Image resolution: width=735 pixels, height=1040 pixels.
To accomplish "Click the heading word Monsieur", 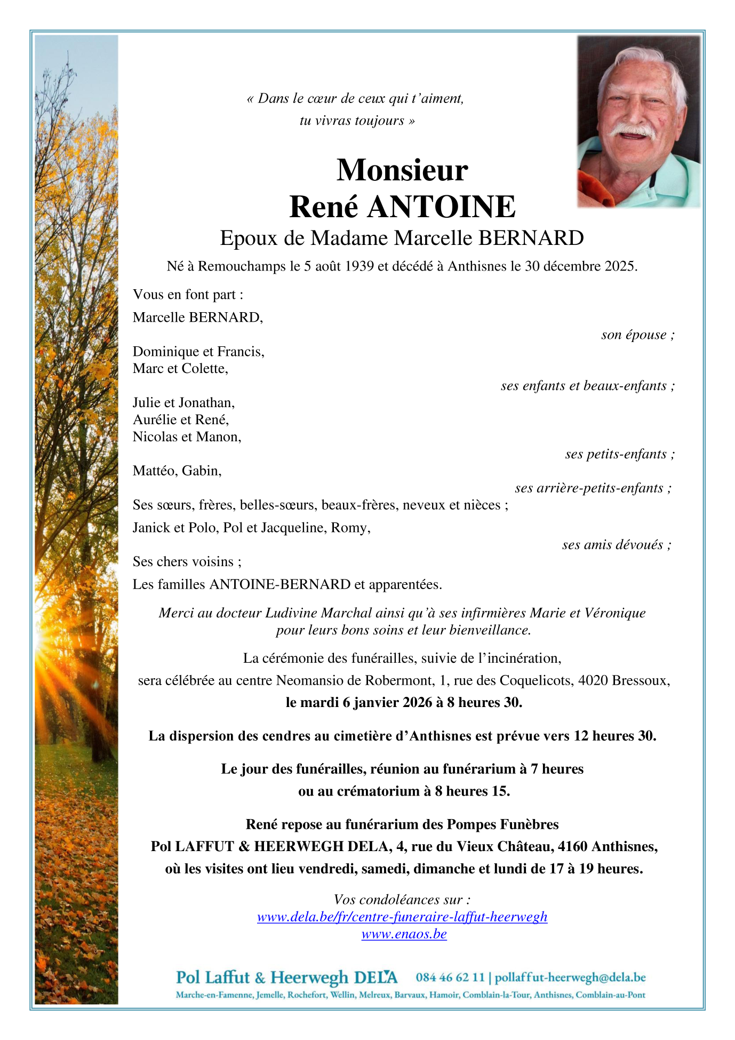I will pyautogui.click(x=402, y=170).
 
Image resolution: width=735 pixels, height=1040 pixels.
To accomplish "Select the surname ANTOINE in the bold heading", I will pyautogui.click(x=441, y=207).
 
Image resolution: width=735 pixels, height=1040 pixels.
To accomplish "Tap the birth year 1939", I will pyautogui.click(x=359, y=266).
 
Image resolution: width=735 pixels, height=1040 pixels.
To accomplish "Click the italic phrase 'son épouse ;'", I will pyautogui.click(x=637, y=335).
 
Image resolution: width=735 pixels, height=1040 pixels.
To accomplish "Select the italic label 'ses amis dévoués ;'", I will pyautogui.click(x=616, y=545).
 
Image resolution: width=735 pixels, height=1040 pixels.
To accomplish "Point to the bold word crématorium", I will pyautogui.click(x=378, y=791).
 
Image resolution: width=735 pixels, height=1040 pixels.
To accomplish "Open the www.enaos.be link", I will pyautogui.click(x=404, y=934).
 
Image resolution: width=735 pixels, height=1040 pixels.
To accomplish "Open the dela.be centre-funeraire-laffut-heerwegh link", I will pyautogui.click(x=402, y=917).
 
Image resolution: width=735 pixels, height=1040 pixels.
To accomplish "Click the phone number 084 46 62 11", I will pyautogui.click(x=450, y=978).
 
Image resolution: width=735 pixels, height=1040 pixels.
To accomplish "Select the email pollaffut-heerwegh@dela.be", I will pyautogui.click(x=570, y=978).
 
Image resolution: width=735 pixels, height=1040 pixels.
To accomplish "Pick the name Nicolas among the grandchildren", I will pyautogui.click(x=155, y=437).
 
